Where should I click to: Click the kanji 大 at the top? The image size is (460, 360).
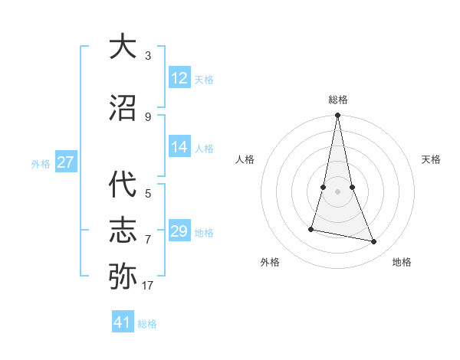click(123, 47)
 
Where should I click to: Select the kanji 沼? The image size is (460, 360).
click(123, 108)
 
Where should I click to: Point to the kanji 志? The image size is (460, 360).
click(123, 231)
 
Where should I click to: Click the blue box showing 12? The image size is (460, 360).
click(179, 78)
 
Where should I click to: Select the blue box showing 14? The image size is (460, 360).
click(179, 148)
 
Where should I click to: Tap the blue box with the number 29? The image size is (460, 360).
click(179, 231)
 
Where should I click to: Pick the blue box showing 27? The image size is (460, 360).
click(66, 162)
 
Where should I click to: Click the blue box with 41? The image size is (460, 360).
click(123, 322)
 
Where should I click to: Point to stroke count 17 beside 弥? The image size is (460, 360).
click(148, 286)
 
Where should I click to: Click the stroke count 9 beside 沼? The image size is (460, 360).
click(148, 117)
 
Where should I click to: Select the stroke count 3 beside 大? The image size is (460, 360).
click(148, 56)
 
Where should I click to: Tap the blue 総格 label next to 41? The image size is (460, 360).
click(147, 324)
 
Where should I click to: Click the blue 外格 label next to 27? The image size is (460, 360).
click(41, 163)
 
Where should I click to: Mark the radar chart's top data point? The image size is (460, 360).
click(337, 116)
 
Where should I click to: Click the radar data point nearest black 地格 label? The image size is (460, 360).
click(374, 242)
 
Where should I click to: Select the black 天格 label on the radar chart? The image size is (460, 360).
click(432, 159)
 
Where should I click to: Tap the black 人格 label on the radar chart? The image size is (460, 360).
click(245, 159)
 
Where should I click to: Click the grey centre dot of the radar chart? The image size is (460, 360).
click(337, 191)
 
